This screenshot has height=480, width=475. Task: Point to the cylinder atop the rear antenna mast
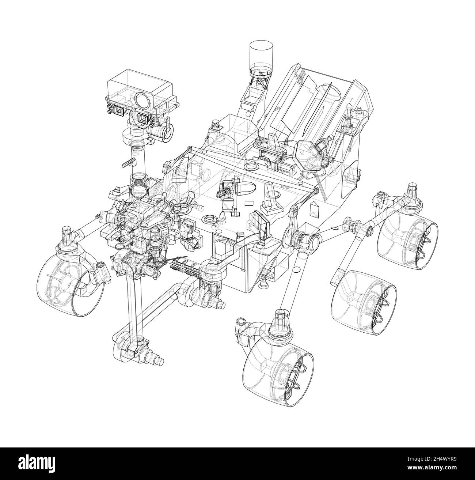tap(261, 53)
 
